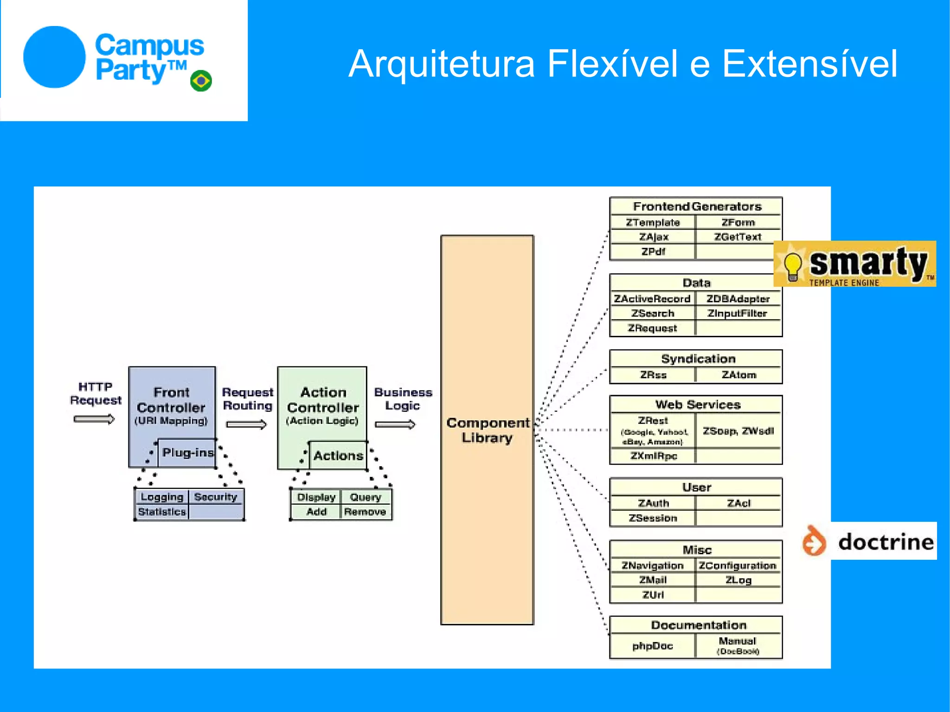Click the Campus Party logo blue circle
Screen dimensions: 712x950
pos(54,57)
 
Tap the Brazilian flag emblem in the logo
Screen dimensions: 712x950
pos(201,81)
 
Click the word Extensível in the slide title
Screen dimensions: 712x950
pos(809,64)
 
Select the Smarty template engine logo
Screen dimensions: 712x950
pos(854,263)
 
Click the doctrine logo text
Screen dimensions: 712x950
pos(886,541)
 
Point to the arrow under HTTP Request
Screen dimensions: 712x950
pos(94,419)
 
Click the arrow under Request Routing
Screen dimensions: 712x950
pos(246,424)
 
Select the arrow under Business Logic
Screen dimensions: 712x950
pos(395,424)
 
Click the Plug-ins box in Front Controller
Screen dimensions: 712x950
pos(187,453)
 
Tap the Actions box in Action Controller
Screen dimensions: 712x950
pos(338,456)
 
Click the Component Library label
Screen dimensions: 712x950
pos(488,430)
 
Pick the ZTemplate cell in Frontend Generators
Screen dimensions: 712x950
pos(653,223)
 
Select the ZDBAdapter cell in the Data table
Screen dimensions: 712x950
pos(738,299)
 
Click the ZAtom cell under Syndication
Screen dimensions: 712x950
pos(739,375)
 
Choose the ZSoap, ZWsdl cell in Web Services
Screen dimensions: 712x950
pos(738,431)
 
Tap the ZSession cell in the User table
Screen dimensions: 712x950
pos(653,518)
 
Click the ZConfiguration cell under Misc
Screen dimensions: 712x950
pos(738,565)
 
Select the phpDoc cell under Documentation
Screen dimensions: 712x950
pos(652,646)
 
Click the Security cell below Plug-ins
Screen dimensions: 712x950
pos(215,497)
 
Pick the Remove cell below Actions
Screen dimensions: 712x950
pos(365,512)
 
